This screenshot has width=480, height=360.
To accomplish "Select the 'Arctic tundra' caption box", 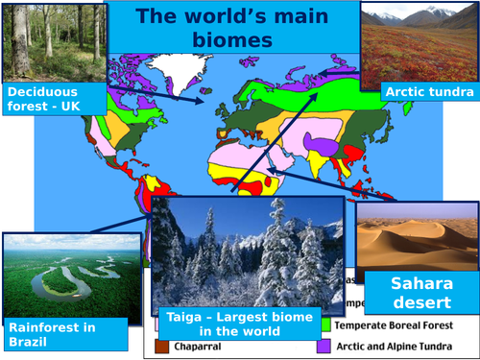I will [x=428, y=92].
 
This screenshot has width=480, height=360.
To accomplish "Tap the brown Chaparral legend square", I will [x=161, y=346].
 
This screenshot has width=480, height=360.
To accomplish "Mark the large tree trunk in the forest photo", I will [x=17, y=38].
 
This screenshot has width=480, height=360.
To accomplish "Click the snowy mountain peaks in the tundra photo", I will [x=422, y=13].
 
